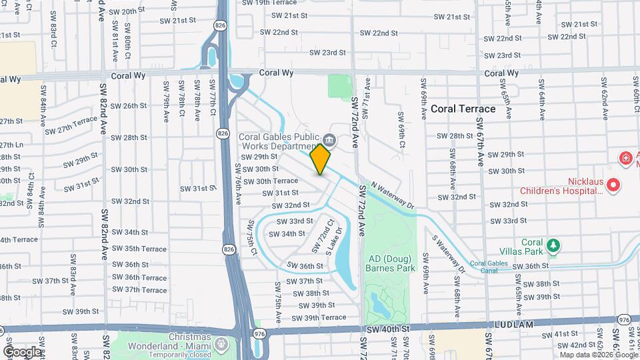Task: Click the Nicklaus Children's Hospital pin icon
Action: [x=613, y=183]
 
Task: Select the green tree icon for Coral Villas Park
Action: [x=553, y=245]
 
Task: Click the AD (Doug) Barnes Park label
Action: [x=390, y=263]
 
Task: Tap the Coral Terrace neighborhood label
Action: [x=463, y=109]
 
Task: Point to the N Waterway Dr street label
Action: [x=393, y=195]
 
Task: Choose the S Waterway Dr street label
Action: [x=448, y=254]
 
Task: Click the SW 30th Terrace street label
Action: [x=270, y=181]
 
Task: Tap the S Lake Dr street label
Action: [x=334, y=241]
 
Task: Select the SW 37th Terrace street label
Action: [x=139, y=290]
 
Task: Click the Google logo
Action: [x=22, y=351]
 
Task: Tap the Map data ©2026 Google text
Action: [x=597, y=354]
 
